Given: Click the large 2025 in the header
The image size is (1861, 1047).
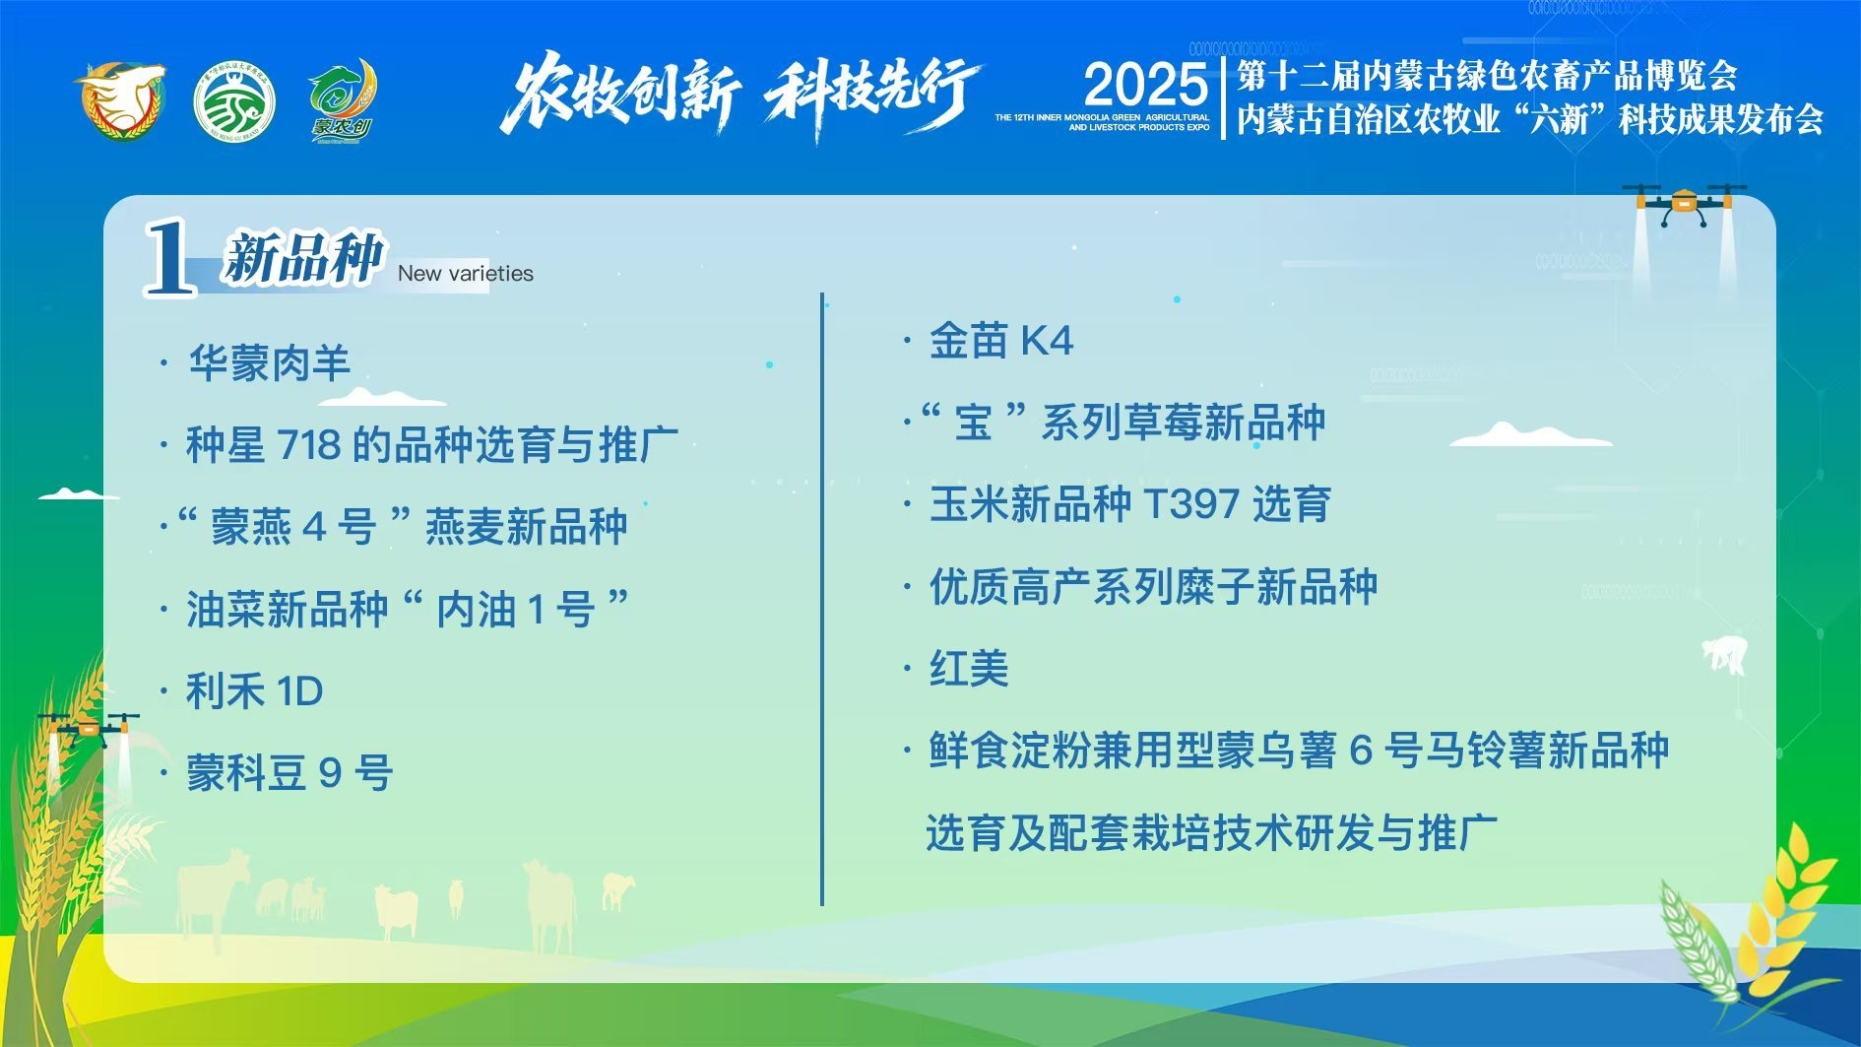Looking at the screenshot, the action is pos(1145,86).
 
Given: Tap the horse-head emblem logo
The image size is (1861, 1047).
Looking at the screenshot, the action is pos(120,100).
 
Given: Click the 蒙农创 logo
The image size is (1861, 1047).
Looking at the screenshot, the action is pos(342,100).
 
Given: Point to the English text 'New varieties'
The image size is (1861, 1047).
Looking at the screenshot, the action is pos(465,274).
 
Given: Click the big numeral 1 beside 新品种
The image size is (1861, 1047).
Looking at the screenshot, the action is pos(169,257).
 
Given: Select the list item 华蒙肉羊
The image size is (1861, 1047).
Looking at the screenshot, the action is pos(270,362).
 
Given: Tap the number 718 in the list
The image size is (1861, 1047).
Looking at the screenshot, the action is pos(309,445).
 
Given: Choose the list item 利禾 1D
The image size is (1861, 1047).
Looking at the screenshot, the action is pos(255,690).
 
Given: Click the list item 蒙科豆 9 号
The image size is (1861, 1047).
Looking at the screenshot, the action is pos(289,772).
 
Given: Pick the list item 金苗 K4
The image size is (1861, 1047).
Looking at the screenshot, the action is pos(1001,341).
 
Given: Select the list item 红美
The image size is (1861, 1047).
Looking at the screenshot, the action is pos(969,668).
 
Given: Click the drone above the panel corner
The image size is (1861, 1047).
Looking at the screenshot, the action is pos(1684,205).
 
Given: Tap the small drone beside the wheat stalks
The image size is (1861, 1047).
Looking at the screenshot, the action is pos(89,729).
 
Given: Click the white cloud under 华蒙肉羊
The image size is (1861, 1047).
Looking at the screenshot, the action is pos(382,397).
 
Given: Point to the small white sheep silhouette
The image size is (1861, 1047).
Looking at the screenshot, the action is pos(1725,654).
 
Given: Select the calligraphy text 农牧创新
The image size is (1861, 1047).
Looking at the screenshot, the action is pos(620,94).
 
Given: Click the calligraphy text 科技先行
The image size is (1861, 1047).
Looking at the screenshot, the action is pos(872,95).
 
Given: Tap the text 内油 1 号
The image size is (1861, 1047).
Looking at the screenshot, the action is pos(515,609).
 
